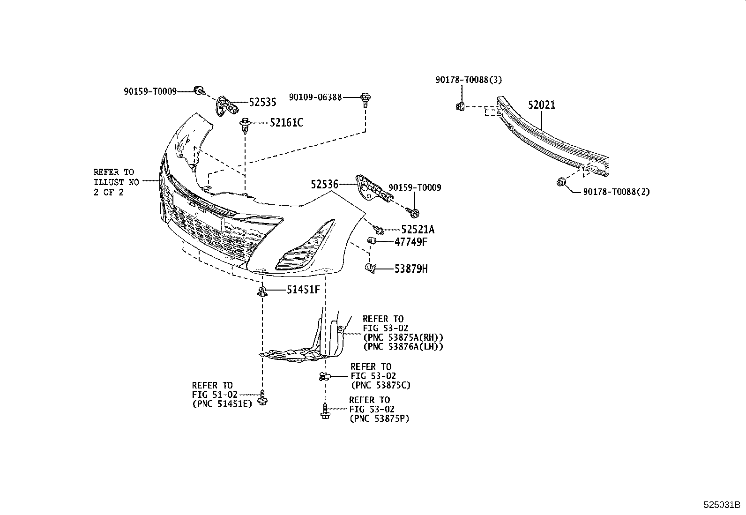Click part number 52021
(x=542, y=105)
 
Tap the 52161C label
(x=286, y=123)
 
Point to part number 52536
(x=324, y=184)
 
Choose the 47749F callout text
(x=410, y=242)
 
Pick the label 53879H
(x=410, y=269)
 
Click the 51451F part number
(x=303, y=290)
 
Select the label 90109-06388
(x=315, y=97)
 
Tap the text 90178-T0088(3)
(x=469, y=80)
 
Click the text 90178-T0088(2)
(x=617, y=191)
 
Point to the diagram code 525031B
(x=721, y=505)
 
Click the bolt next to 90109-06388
(x=366, y=99)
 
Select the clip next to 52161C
(x=244, y=125)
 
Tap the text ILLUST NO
(x=116, y=182)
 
